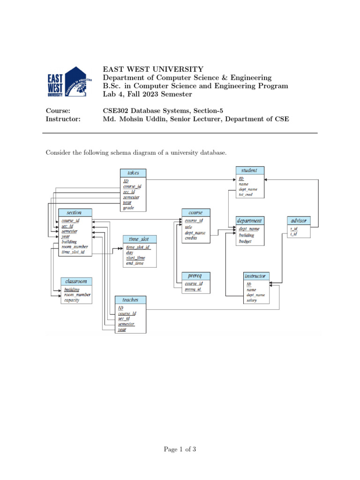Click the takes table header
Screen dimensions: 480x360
(133, 172)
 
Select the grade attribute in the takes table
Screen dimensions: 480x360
(127, 208)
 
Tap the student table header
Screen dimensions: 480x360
(249, 170)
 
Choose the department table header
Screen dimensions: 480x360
(249, 220)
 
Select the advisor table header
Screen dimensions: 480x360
(298, 220)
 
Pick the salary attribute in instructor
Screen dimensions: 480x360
(252, 300)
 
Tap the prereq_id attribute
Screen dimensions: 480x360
(193, 289)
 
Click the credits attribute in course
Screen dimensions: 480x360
(191, 238)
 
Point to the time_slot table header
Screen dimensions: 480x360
(139, 239)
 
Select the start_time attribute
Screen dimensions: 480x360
(135, 258)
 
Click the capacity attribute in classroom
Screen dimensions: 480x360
(72, 300)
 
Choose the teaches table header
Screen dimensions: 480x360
(130, 299)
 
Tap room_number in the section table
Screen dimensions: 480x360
(75, 247)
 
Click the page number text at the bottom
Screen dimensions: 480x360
(180, 450)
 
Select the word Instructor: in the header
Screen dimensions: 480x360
(63, 119)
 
